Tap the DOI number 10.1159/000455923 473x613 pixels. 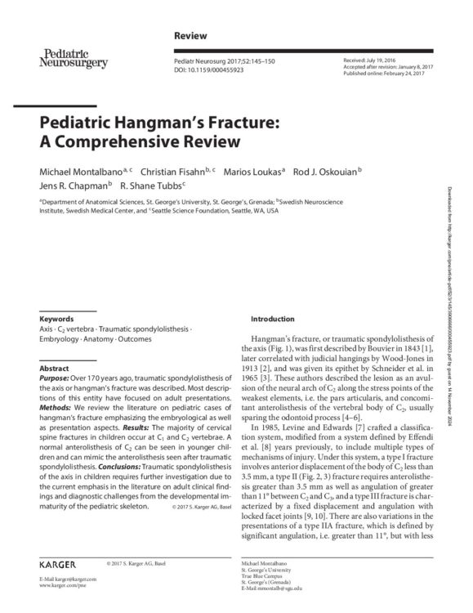point(222,71)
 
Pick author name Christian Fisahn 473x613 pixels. point(171,172)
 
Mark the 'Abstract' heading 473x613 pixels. point(54,369)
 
